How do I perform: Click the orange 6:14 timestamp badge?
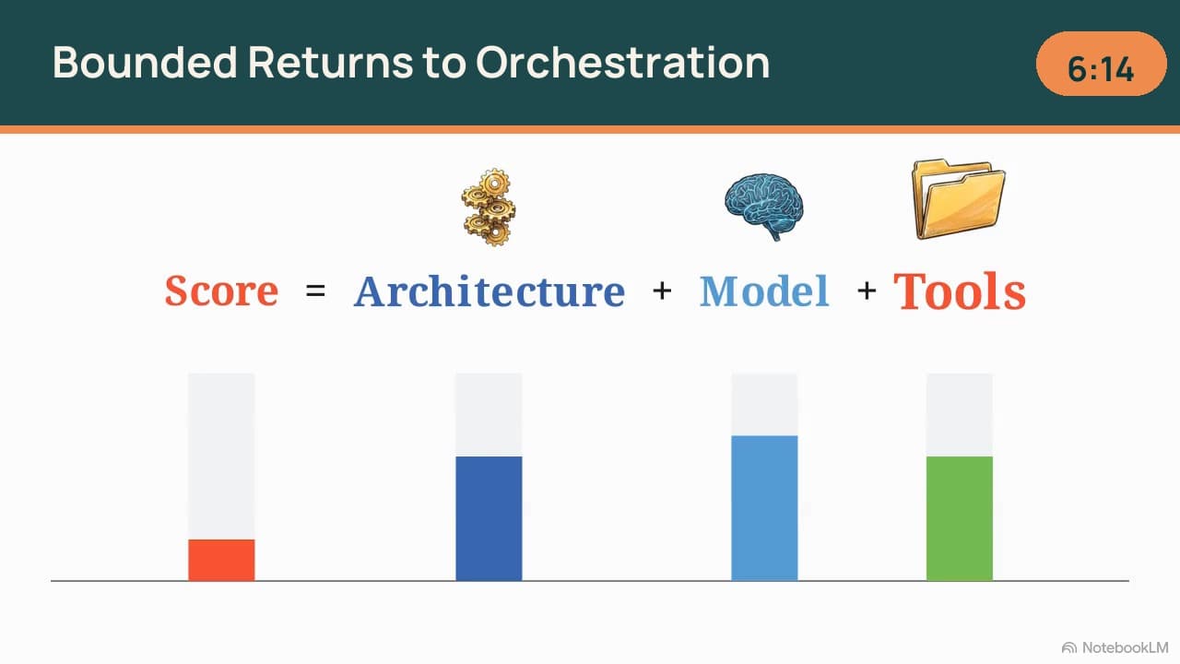coord(1101,64)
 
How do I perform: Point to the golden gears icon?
coord(489,207)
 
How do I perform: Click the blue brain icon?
coord(764,206)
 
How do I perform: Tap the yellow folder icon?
coord(958,198)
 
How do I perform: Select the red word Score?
coord(221,290)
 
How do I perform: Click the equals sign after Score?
coord(315,290)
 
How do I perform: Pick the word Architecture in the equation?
coord(490,290)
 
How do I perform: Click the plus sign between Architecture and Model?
coord(662,290)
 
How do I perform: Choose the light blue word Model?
coord(764,290)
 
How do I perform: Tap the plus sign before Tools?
coord(867,290)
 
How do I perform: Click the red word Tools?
coord(960,290)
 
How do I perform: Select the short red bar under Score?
coord(222,560)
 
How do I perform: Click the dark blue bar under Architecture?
coord(489,518)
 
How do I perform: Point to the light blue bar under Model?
coord(764,508)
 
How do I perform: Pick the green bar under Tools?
coord(960,518)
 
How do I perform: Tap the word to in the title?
coord(444,64)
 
